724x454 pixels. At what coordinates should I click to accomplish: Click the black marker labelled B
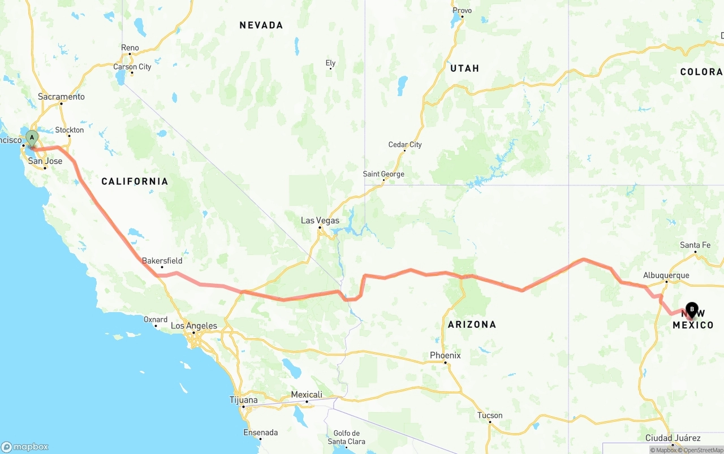[x=691, y=309]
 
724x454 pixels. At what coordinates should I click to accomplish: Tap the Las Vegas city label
[x=320, y=220]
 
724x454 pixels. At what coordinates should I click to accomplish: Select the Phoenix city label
[x=445, y=355]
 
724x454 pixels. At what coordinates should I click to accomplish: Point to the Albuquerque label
[x=666, y=275]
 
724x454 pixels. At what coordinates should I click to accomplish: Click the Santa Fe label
[x=695, y=245]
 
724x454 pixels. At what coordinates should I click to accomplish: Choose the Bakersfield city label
[x=162, y=261]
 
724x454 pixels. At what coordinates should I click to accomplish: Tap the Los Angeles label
[x=194, y=326]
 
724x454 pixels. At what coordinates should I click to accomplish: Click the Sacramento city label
[x=61, y=97]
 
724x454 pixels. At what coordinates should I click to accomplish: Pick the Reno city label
[x=130, y=47]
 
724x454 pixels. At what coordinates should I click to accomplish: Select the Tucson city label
[x=490, y=415]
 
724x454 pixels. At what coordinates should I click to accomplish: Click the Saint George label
[x=383, y=174]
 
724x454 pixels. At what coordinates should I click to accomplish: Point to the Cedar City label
[x=405, y=145]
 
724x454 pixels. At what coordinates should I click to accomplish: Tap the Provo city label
[x=462, y=10]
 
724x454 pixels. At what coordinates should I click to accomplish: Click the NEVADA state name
[x=261, y=25]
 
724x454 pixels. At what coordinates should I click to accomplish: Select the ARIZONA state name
[x=472, y=324]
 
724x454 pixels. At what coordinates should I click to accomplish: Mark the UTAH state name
[x=464, y=68]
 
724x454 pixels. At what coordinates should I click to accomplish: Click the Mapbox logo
[x=25, y=447]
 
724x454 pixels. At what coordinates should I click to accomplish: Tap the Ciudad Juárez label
[x=673, y=438]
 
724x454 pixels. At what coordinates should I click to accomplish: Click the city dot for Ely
[x=331, y=68]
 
